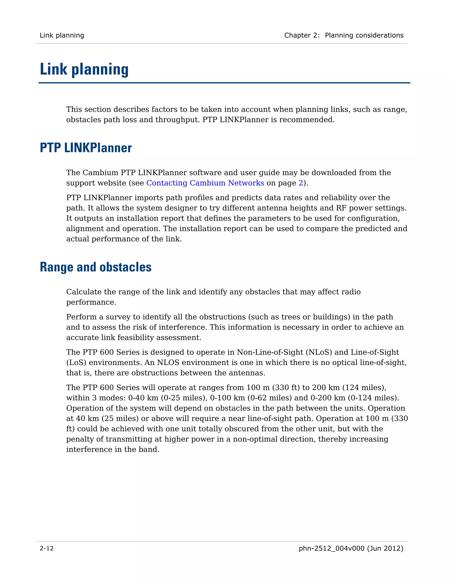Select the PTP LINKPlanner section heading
pyautogui.click(x=86, y=148)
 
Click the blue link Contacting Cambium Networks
pyautogui.click(x=205, y=183)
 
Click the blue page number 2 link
pyautogui.click(x=301, y=183)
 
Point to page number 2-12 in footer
pyautogui.click(x=47, y=548)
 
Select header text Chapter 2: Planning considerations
pyautogui.click(x=344, y=35)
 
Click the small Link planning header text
pyautogui.click(x=62, y=35)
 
